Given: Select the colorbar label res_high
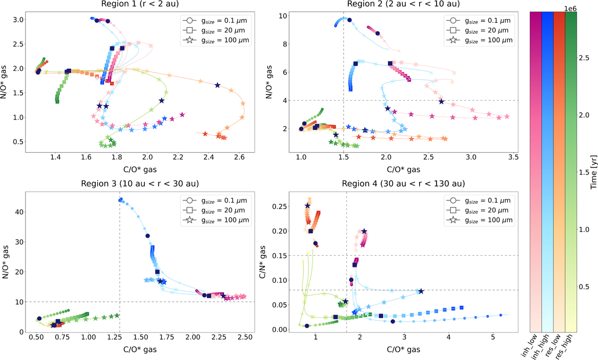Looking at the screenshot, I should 572,347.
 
